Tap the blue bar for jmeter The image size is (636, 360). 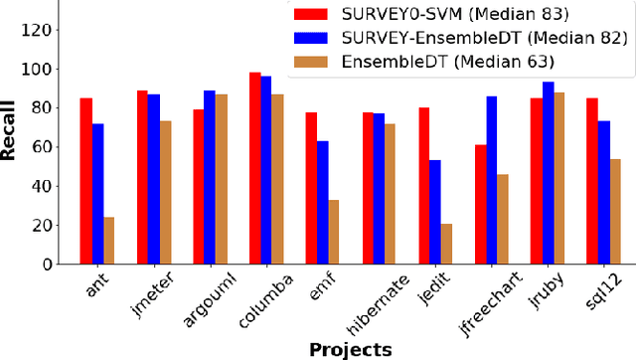[154, 179]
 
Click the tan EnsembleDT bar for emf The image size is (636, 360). [335, 232]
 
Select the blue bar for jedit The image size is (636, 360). [436, 212]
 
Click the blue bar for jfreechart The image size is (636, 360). [493, 180]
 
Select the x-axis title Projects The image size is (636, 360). [350, 349]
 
